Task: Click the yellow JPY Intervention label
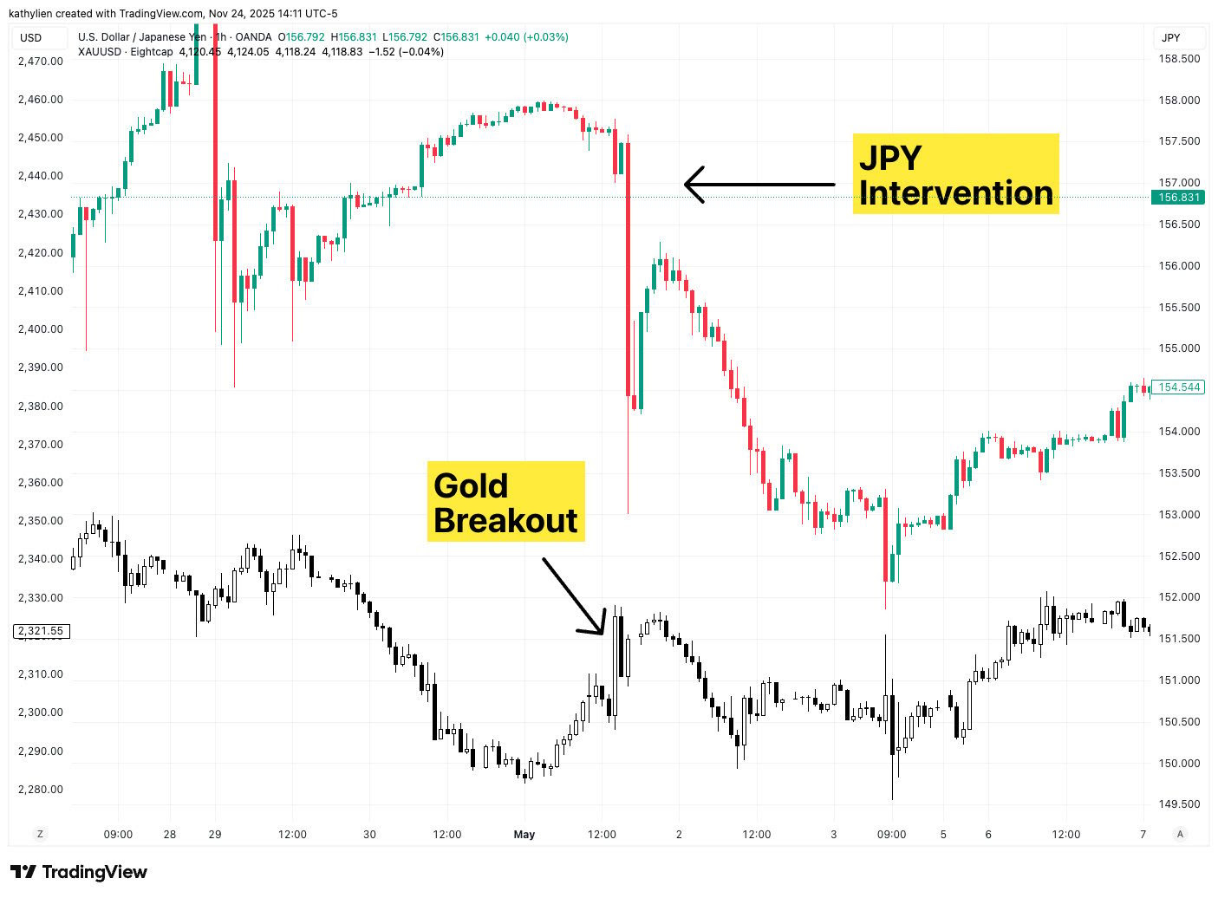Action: click(x=955, y=173)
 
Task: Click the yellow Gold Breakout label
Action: click(x=505, y=502)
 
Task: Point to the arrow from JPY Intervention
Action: click(x=759, y=184)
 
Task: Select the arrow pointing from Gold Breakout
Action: click(x=573, y=596)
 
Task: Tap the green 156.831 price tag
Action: click(x=1179, y=198)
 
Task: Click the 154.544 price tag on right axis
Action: click(x=1179, y=387)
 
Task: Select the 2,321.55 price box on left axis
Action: click(x=42, y=631)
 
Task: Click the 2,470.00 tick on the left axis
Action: click(x=41, y=62)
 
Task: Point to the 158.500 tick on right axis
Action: click(x=1179, y=59)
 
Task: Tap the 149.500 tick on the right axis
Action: click(x=1179, y=804)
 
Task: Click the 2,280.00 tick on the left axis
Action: click(x=41, y=790)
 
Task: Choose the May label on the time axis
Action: click(x=524, y=835)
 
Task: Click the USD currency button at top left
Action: click(x=31, y=37)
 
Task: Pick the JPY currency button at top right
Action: click(x=1171, y=37)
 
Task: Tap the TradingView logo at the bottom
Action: click(x=79, y=872)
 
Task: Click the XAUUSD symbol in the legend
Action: click(x=100, y=52)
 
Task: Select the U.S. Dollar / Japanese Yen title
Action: click(x=142, y=37)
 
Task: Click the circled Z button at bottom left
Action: click(x=39, y=834)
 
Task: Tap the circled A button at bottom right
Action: click(x=1179, y=834)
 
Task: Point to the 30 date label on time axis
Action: click(x=370, y=835)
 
